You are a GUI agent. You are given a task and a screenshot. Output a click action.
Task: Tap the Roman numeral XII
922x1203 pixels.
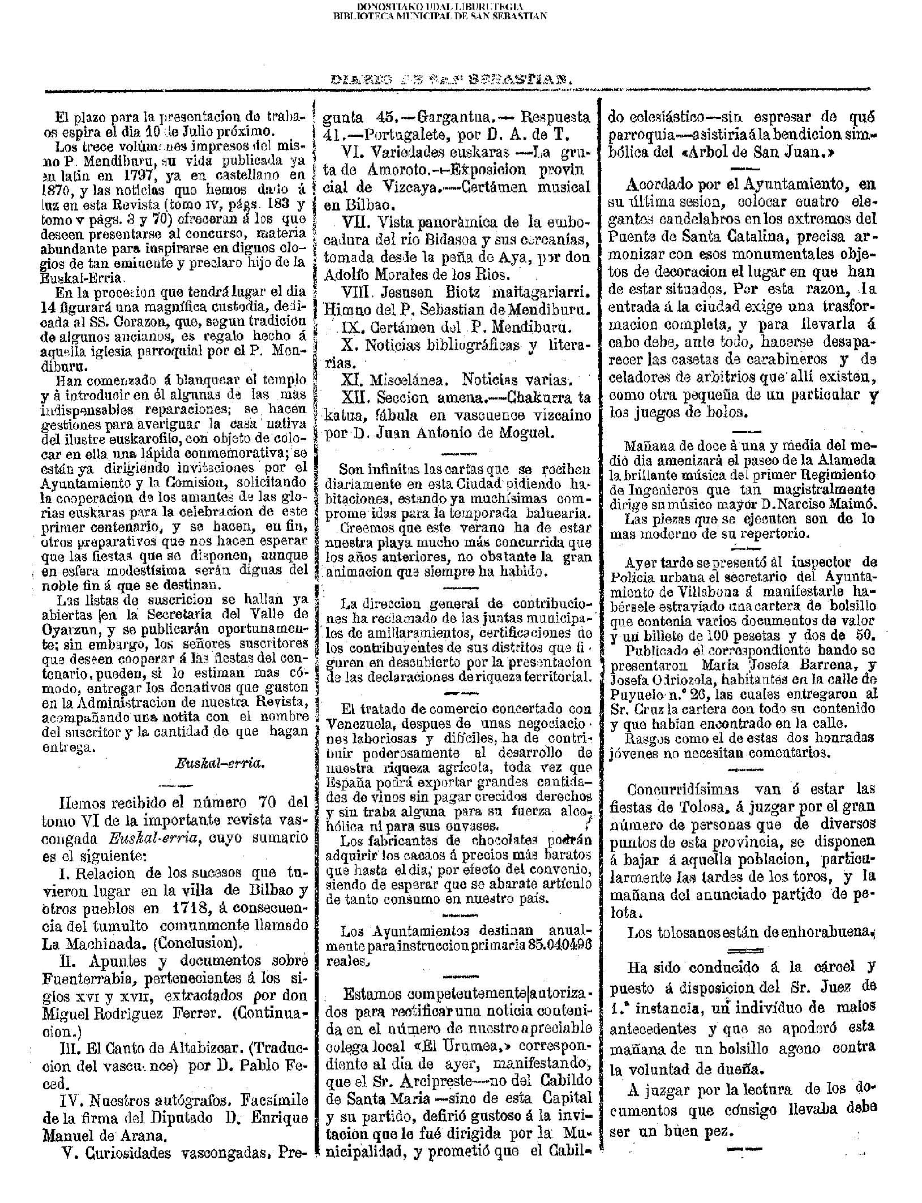(x=356, y=397)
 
